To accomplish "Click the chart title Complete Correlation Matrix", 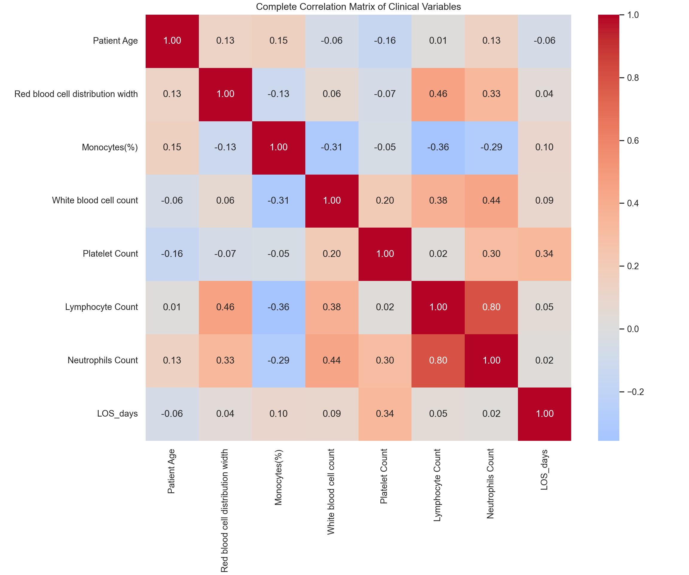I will (358, 7).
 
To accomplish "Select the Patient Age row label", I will (115, 41).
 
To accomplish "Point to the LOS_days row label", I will (117, 413).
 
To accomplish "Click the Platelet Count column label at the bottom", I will (384, 476).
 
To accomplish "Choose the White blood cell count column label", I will (331, 491).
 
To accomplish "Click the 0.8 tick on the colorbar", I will (633, 78).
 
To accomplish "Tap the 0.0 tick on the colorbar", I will (633, 329).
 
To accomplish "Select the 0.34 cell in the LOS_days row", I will (385, 414).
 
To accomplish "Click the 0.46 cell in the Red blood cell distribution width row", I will (438, 94).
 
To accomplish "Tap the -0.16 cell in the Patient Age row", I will (385, 41).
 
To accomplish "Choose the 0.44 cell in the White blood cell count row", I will (491, 200).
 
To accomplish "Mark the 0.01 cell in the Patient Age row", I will (438, 41).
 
